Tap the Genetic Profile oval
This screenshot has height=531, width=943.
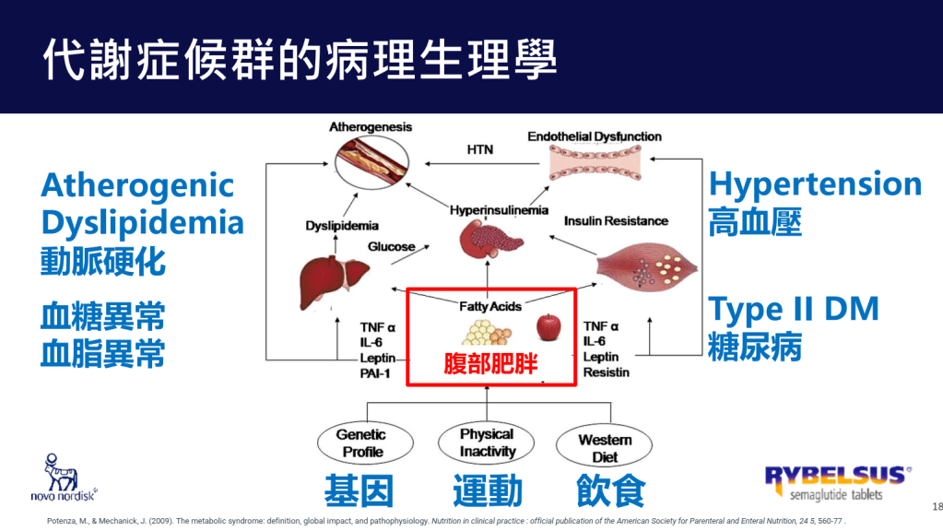[362, 442]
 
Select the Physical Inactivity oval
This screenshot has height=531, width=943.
[487, 442]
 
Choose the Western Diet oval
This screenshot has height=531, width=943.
[605, 446]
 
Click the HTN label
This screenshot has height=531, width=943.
[480, 147]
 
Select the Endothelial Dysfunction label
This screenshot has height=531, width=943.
[595, 136]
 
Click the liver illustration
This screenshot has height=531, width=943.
[327, 276]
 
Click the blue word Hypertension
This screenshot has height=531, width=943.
[815, 183]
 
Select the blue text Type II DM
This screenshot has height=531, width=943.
[793, 309]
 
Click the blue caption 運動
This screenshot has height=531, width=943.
[487, 491]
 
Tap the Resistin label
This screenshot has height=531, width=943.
[606, 372]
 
